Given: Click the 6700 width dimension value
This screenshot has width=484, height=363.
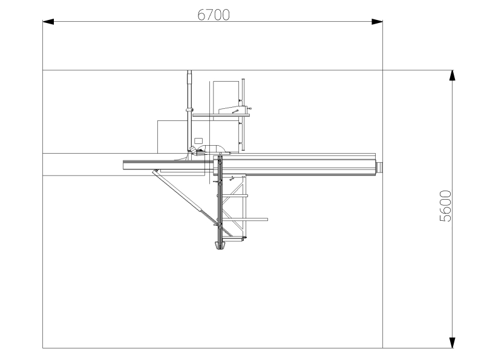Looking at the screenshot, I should pyautogui.click(x=214, y=15).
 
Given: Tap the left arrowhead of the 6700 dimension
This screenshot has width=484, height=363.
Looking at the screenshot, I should pyautogui.click(x=48, y=22).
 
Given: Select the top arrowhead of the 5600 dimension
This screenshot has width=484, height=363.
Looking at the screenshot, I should pyautogui.click(x=451, y=76).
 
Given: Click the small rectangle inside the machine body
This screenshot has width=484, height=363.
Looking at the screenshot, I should pyautogui.click(x=198, y=140).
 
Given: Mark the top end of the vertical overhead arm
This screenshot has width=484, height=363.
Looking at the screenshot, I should pyautogui.click(x=189, y=74).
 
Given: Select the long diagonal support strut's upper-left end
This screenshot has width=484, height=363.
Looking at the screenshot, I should pyautogui.click(x=155, y=172).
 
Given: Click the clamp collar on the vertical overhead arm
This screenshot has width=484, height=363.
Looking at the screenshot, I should pyautogui.click(x=189, y=110).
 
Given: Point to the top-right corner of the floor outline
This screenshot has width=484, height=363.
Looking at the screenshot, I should pyautogui.click(x=382, y=70).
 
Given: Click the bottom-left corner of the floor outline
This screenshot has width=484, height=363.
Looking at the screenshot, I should pyautogui.click(x=42, y=348).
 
